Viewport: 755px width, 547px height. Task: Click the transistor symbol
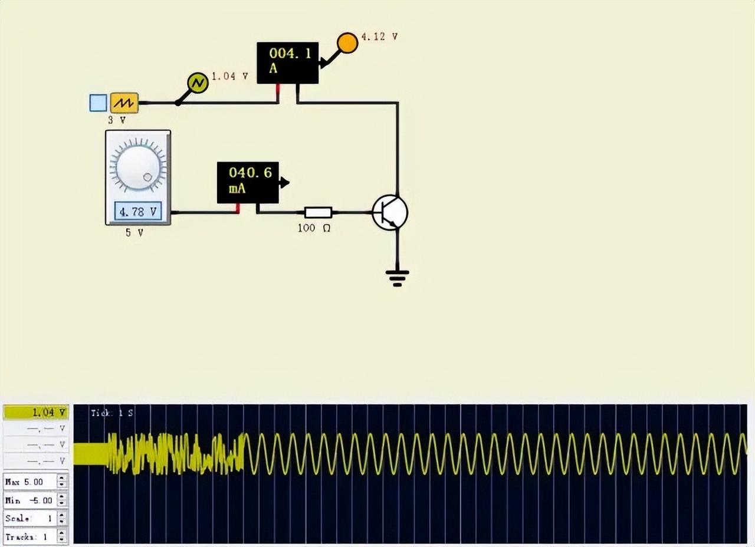pyautogui.click(x=390, y=213)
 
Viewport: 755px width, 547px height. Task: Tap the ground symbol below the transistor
pyautogui.click(x=397, y=276)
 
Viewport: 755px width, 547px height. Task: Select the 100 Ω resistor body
pyautogui.click(x=318, y=212)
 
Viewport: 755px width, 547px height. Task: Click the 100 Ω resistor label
pyautogui.click(x=314, y=228)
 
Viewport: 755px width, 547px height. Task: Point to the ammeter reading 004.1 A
pyautogui.click(x=288, y=62)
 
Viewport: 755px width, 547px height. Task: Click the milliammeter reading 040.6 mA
pyautogui.click(x=248, y=182)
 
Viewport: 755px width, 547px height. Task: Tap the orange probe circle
pyautogui.click(x=347, y=42)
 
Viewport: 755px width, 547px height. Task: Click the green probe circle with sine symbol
pyautogui.click(x=198, y=83)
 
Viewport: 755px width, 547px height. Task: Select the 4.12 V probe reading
pyautogui.click(x=379, y=37)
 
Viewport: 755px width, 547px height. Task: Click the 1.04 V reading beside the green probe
pyautogui.click(x=229, y=76)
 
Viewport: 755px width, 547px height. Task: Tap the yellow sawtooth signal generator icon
pyautogui.click(x=124, y=103)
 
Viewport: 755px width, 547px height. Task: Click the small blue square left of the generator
pyautogui.click(x=98, y=103)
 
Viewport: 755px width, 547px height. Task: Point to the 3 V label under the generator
pyautogui.click(x=117, y=120)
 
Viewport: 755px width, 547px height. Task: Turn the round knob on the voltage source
pyautogui.click(x=138, y=164)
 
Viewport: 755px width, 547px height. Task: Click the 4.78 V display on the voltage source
pyautogui.click(x=138, y=211)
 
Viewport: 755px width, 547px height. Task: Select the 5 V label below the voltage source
pyautogui.click(x=134, y=232)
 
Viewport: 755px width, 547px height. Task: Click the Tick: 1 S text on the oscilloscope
pyautogui.click(x=112, y=413)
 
